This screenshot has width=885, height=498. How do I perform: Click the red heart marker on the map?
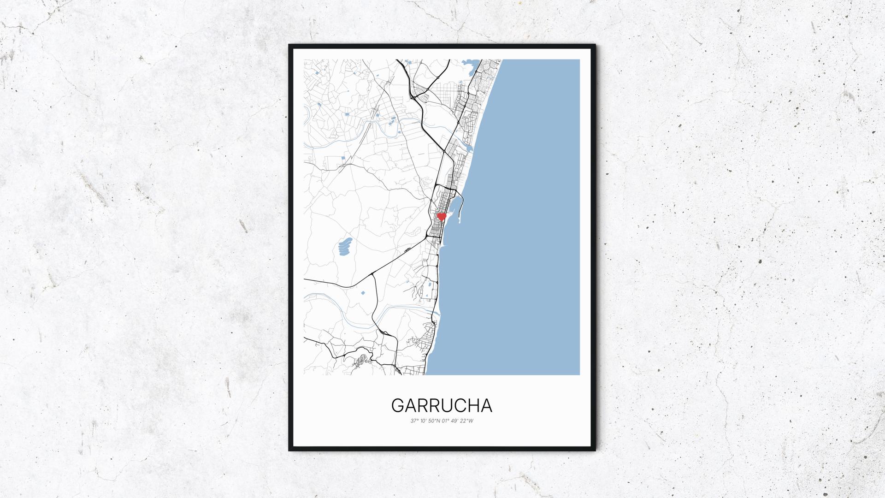(x=442, y=216)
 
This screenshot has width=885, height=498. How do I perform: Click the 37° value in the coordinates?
(x=414, y=421)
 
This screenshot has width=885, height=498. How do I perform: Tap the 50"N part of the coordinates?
(x=434, y=421)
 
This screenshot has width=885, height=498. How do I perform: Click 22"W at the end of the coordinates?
(x=467, y=421)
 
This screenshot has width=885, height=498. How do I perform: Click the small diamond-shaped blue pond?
(x=362, y=292)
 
